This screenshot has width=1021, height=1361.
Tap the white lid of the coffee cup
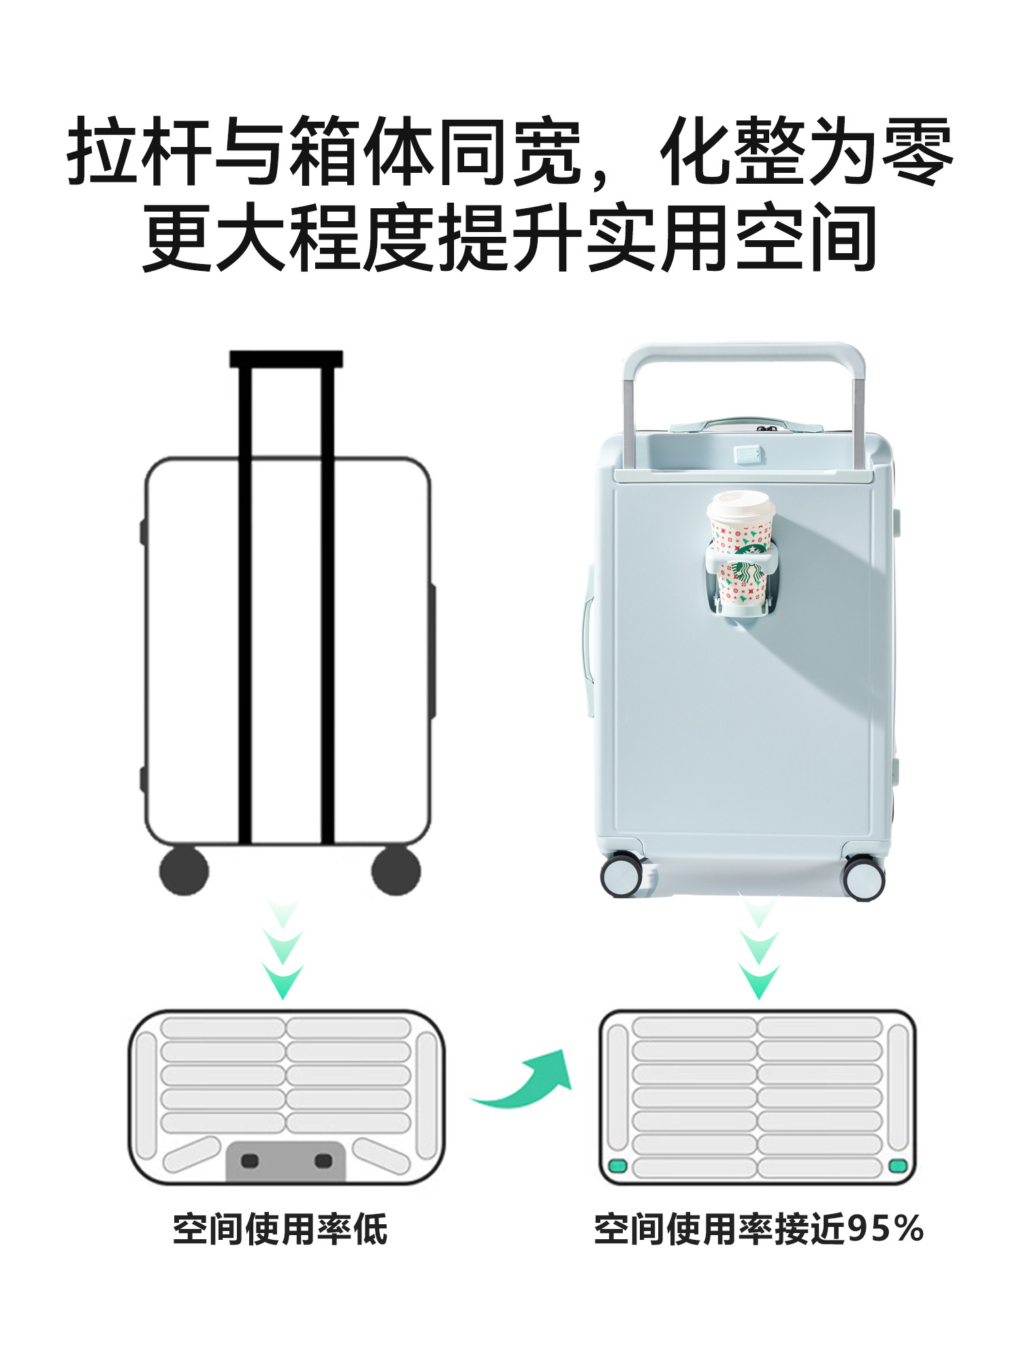coord(741,504)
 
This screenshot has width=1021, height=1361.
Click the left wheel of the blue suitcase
coord(621,875)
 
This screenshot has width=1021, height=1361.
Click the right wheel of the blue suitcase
coord(864,879)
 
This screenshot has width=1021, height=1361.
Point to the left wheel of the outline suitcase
coord(184,870)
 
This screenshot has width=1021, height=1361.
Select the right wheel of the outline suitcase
coord(396,870)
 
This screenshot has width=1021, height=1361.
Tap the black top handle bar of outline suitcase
coord(286,359)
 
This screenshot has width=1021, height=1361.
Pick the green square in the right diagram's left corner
coord(617,1166)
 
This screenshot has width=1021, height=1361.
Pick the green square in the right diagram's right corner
coord(898,1166)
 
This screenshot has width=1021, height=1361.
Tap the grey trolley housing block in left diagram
coord(286,1160)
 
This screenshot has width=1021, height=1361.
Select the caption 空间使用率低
coord(280,1229)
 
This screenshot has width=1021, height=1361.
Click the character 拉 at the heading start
coord(102,151)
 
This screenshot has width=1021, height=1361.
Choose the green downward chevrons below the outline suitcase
coord(282,949)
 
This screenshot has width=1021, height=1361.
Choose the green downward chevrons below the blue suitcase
coord(759,949)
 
